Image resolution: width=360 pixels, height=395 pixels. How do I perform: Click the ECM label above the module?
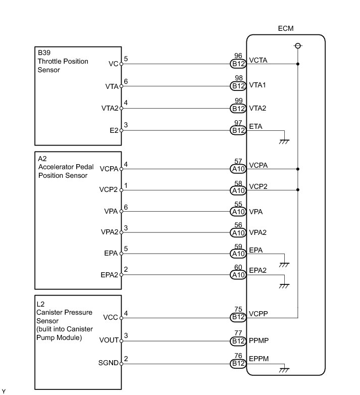coord(285,29)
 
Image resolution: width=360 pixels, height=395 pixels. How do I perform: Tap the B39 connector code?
coord(44,53)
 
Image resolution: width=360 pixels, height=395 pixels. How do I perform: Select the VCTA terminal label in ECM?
coord(258,61)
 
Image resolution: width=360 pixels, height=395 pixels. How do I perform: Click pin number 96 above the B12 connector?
coord(238,56)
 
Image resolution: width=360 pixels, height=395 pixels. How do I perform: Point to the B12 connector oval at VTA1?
coord(238,86)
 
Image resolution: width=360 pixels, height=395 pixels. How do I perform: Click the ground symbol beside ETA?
coord(284,141)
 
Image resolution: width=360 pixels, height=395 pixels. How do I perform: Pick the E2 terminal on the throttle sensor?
coord(114,130)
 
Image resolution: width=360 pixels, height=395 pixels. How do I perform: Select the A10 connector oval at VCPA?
coord(238,170)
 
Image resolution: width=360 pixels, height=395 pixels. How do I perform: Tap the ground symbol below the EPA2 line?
coord(284,285)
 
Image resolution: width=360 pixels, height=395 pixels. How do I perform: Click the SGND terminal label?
coord(110,363)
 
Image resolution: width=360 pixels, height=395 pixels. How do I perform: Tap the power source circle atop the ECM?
coord(298,46)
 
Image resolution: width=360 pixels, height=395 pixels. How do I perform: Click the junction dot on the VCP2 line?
coord(298,190)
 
